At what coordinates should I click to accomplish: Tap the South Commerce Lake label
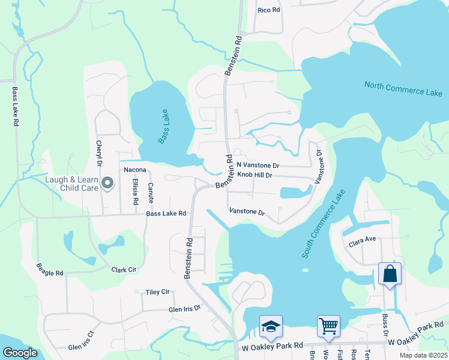tap(324, 224)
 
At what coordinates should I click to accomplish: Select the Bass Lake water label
tap(164, 126)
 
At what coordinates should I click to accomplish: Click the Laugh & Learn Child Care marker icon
tap(108, 182)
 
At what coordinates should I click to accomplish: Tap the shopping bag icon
tap(390, 274)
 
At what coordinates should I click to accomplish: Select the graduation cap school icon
tap(271, 326)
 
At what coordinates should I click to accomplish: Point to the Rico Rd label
tap(268, 10)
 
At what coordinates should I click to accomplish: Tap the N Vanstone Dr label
tap(258, 165)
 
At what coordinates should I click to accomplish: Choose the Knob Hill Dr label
tap(255, 175)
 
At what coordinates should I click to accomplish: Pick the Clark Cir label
tap(124, 270)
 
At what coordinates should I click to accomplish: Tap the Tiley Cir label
tap(158, 292)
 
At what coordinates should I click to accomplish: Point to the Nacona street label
tap(135, 170)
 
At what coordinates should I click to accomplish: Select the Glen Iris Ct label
tap(82, 341)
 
